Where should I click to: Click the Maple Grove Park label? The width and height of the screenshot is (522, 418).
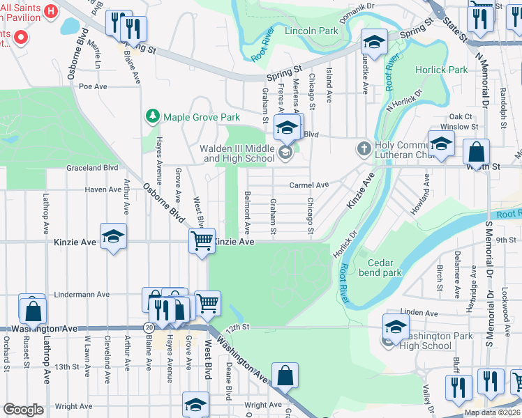201,116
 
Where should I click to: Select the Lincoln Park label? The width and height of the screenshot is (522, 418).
311,31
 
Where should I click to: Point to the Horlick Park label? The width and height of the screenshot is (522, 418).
441,70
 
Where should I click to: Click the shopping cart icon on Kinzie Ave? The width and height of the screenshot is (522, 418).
202,242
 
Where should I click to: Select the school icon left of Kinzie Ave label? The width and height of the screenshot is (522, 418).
113,236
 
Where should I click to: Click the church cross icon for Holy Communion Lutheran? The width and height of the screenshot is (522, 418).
363,148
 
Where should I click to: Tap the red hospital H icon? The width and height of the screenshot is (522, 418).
50,11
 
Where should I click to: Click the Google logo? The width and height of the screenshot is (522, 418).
23,410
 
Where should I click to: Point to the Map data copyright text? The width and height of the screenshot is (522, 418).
491,412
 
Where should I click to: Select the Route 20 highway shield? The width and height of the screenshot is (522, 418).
149,327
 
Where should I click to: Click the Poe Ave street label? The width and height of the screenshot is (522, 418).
93,86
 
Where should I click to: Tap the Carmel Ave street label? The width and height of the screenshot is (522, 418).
309,185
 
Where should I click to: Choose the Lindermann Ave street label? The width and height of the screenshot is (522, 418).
82,295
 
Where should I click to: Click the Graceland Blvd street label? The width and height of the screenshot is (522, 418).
92,168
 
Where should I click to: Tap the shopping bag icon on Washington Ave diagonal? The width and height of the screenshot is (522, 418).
285,376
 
